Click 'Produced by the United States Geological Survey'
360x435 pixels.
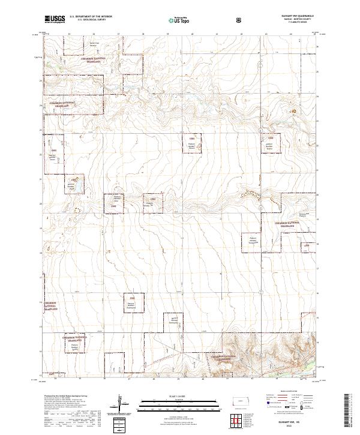click(x=66, y=397)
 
